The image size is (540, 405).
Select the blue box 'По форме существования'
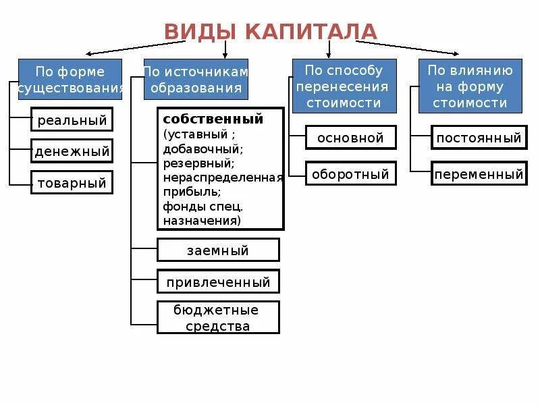tap(70, 80)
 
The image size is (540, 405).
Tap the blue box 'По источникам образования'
tap(196, 80)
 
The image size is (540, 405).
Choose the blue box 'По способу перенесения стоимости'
tap(344, 86)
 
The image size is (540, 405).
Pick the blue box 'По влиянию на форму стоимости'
tap(470, 86)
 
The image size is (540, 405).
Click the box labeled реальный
tap(72, 121)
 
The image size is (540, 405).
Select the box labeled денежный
tap(72, 151)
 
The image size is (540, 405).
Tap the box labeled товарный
tap(72, 182)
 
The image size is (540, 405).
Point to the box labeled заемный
tap(218, 250)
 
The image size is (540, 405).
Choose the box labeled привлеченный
tap(218, 282)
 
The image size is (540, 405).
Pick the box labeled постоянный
tap(479, 138)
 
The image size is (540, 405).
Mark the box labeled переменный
tap(479, 174)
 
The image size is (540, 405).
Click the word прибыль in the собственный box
tap(186, 192)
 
